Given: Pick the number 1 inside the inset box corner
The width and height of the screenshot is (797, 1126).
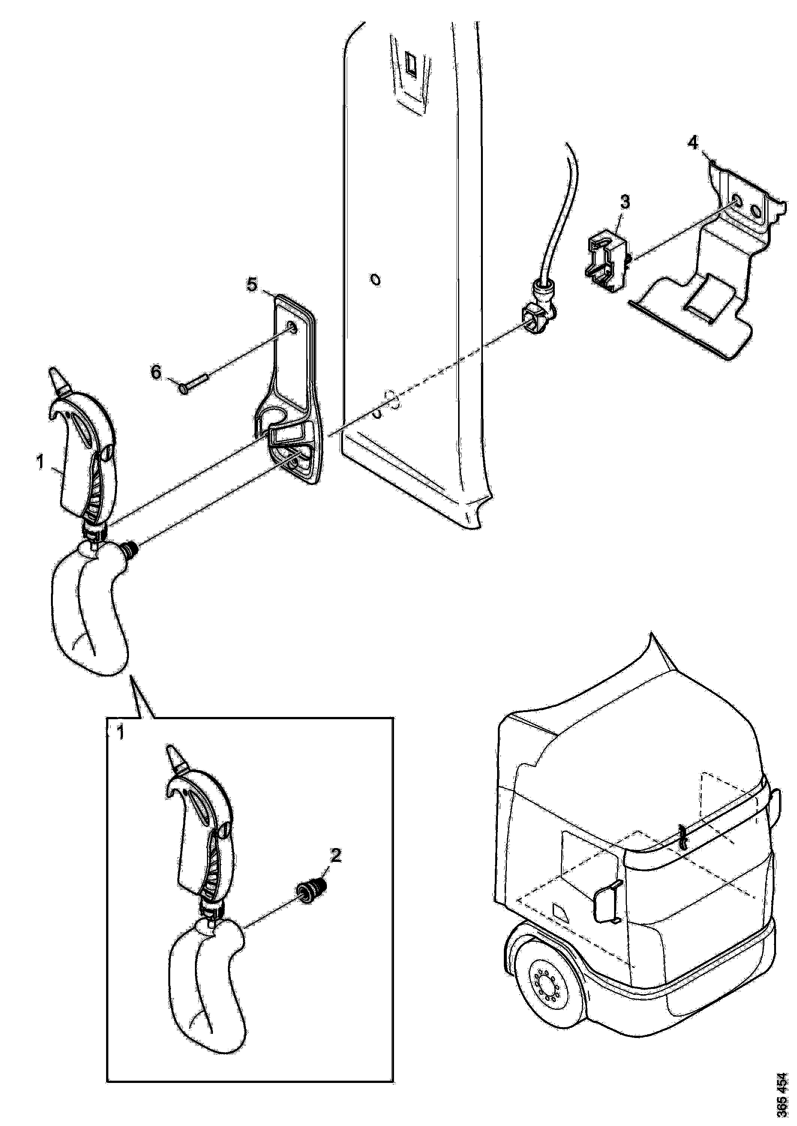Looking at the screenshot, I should point(119,733).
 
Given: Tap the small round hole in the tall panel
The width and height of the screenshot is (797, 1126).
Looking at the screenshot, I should point(375,280).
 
